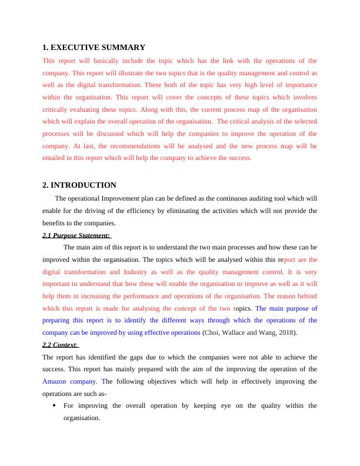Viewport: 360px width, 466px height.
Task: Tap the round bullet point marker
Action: tap(54, 406)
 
